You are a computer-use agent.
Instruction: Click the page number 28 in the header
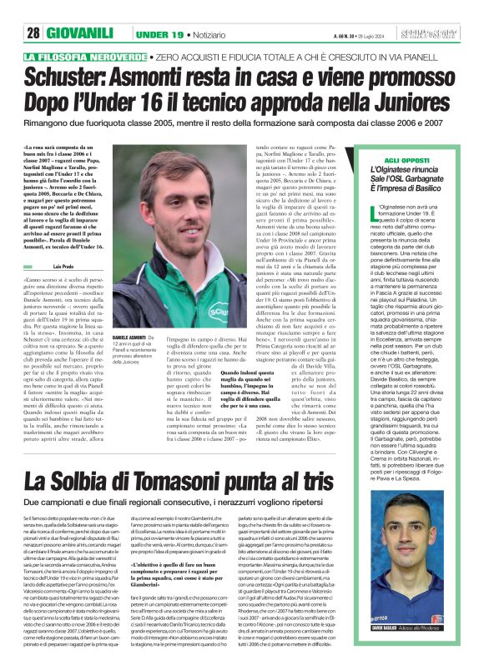33,34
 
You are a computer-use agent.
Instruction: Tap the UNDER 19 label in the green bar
159,34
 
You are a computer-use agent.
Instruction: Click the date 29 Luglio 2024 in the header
374,34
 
